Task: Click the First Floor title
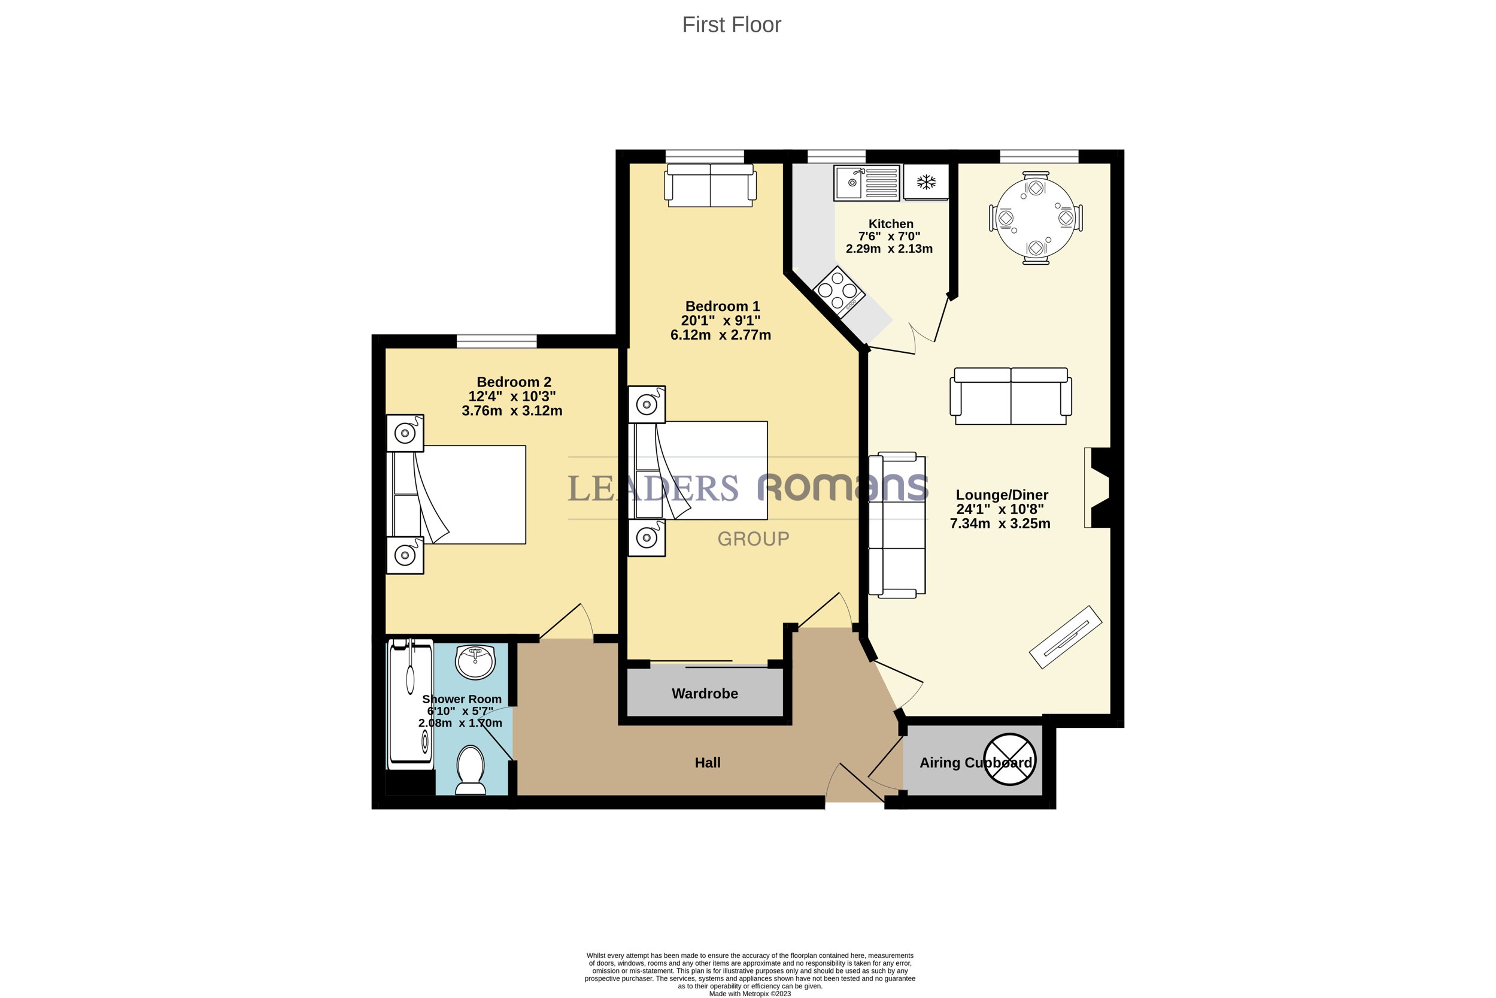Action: [x=732, y=25]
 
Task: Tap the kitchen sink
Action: [x=867, y=183]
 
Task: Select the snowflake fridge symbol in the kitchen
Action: [x=926, y=183]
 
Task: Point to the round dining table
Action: [x=1036, y=217]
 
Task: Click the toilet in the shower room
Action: [x=471, y=770]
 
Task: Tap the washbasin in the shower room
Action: [x=475, y=662]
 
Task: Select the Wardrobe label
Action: [x=705, y=694]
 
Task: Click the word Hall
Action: [x=708, y=763]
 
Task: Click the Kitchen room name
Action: [x=891, y=224]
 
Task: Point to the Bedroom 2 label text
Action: [x=514, y=382]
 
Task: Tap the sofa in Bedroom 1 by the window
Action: [x=711, y=185]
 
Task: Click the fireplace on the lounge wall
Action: [x=1098, y=488]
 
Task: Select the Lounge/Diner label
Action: [x=1002, y=495]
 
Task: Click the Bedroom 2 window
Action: [x=497, y=341]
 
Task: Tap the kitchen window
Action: [x=836, y=156]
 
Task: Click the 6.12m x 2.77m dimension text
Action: [x=721, y=335]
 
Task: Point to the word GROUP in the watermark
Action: [x=754, y=539]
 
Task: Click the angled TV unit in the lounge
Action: [x=1066, y=637]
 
